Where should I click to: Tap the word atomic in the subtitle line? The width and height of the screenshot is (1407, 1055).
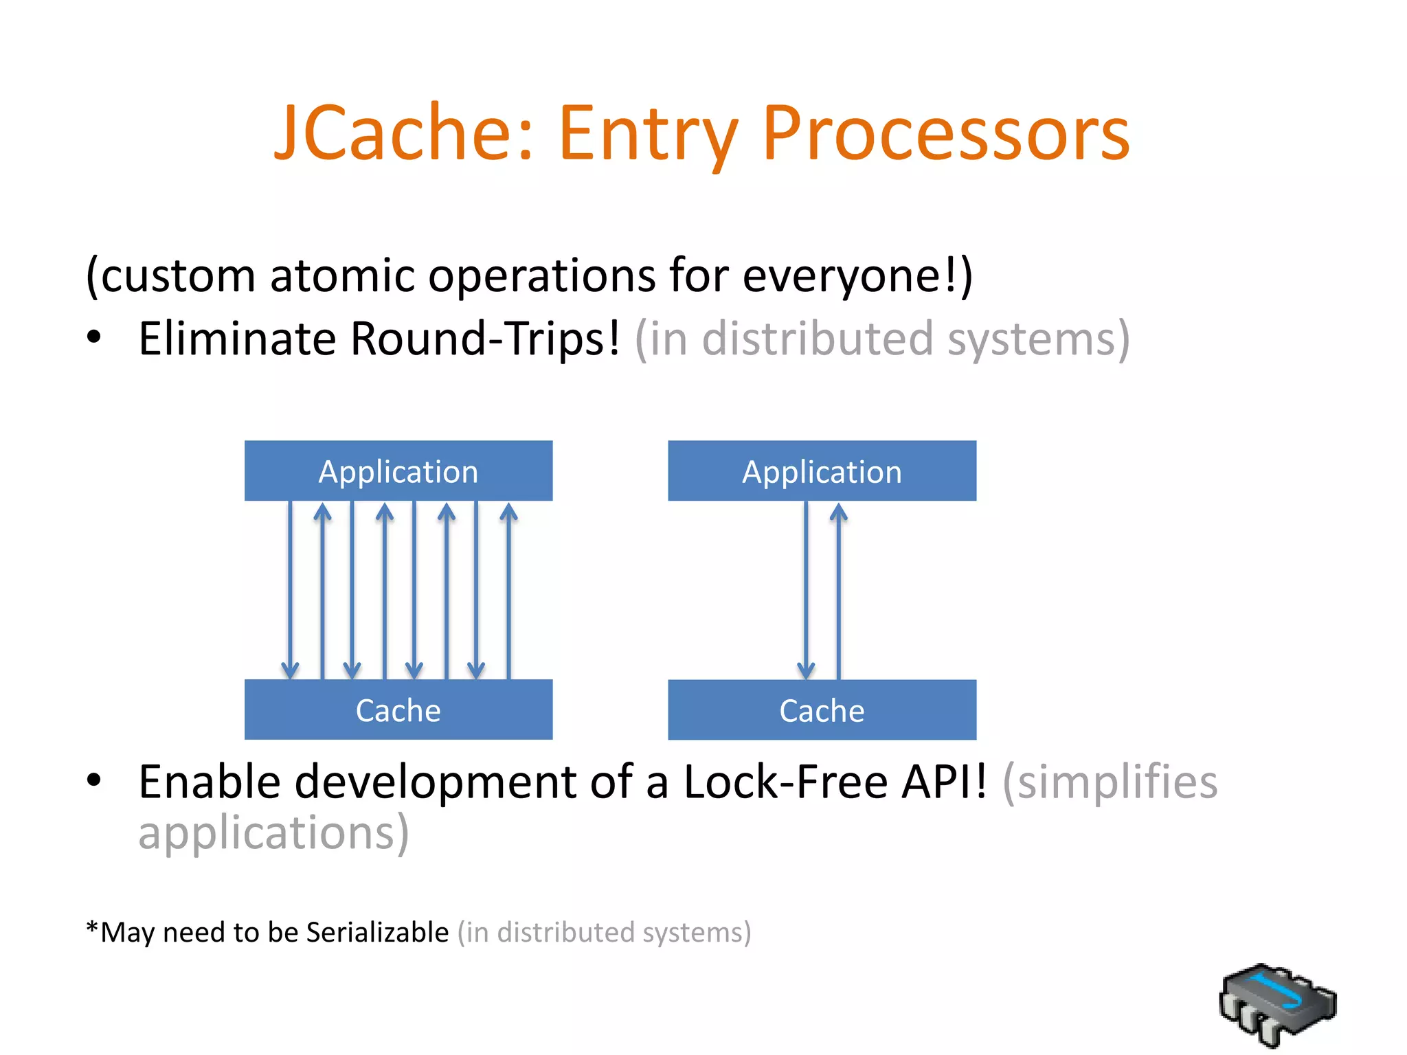point(343,275)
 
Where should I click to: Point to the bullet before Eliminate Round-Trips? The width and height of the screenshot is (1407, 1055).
point(94,337)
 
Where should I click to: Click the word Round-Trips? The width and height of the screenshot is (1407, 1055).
point(485,339)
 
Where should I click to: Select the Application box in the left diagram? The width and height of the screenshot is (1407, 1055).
point(398,471)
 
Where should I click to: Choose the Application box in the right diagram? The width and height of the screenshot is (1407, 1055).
point(822,471)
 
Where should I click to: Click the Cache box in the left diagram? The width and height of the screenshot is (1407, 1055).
point(398,710)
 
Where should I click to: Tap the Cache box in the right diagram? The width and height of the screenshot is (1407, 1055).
point(822,710)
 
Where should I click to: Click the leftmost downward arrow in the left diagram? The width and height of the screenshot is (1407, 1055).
point(290,591)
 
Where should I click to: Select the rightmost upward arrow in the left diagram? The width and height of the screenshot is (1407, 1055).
point(508,591)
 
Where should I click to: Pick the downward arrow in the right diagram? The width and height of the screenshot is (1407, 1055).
point(806,591)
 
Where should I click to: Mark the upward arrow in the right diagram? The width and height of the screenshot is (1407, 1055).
point(838,591)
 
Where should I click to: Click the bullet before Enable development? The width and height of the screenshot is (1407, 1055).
point(94,780)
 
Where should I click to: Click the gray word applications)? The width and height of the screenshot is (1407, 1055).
point(273,832)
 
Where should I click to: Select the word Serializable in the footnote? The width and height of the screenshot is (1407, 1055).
point(377,933)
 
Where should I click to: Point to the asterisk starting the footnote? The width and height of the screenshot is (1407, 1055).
point(92,929)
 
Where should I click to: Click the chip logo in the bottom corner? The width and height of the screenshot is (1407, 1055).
point(1277,1005)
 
